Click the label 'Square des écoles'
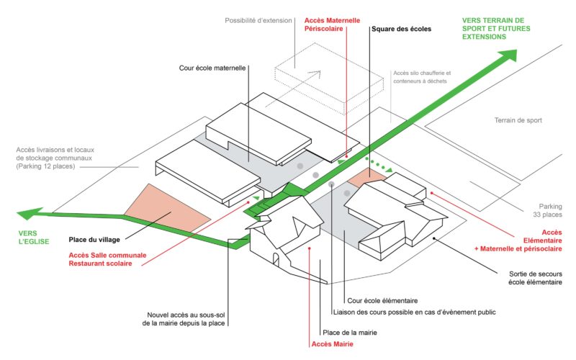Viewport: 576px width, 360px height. (x=401, y=29)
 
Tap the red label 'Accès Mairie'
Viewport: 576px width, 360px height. (x=332, y=344)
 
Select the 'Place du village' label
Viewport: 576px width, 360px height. (x=94, y=240)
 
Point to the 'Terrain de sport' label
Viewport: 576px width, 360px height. (x=518, y=120)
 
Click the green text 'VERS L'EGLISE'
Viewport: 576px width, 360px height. (x=33, y=238)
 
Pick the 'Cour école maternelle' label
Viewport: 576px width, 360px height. (x=212, y=68)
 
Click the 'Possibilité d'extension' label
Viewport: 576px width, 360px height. (x=258, y=21)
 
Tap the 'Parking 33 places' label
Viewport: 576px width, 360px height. (x=547, y=210)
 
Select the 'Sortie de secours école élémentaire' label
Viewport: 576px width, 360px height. (x=535, y=278)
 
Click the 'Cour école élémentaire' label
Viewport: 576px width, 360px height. (x=382, y=301)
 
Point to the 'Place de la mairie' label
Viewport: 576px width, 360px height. (x=350, y=333)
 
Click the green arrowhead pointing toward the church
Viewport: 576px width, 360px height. (x=30, y=213)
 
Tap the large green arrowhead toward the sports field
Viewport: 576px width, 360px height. (x=509, y=55)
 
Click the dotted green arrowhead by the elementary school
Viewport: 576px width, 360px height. (x=389, y=170)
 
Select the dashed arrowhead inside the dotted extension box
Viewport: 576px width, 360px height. (x=315, y=74)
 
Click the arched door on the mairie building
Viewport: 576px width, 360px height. (x=276, y=259)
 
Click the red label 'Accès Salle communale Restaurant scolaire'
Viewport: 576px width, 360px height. (x=107, y=259)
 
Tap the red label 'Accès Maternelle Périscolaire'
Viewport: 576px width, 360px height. (x=332, y=24)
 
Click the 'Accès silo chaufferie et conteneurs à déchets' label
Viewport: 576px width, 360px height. (x=422, y=77)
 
